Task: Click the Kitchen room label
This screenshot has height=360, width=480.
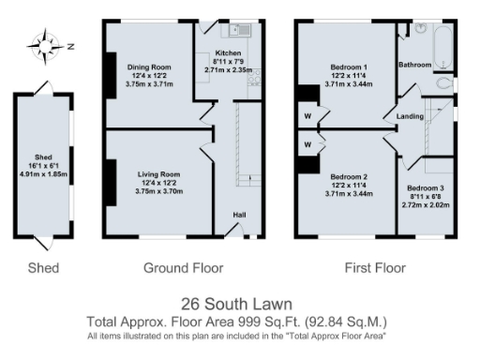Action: pos(228,53)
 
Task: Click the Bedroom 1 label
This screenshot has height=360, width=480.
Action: pos(348,67)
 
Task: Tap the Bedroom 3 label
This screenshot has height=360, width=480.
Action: pos(423,188)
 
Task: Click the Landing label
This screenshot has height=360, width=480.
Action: pos(410,116)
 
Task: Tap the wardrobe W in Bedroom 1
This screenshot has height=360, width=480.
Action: pos(307,118)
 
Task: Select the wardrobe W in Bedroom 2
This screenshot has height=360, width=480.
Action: pos(307,145)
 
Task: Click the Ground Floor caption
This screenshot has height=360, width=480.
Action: pos(183,268)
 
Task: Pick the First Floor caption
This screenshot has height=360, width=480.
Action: pos(376,268)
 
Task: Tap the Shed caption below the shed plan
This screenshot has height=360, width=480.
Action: pos(43,268)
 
